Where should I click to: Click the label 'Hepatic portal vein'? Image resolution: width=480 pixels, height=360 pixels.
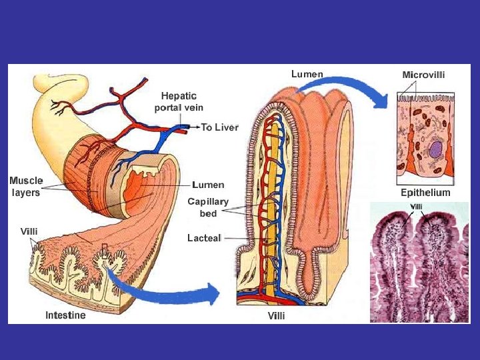click(178, 102)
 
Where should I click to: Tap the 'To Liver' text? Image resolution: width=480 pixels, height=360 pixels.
click(220, 127)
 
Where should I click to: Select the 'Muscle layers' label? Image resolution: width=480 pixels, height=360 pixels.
click(25, 187)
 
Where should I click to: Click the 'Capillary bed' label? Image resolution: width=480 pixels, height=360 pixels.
click(208, 207)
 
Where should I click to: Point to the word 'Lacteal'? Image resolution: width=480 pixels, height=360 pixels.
click(204, 238)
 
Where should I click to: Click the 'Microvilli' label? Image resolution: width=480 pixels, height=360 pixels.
click(423, 75)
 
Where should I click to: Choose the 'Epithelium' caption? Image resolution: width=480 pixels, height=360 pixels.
click(425, 193)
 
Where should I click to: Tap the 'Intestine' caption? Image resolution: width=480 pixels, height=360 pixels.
click(65, 315)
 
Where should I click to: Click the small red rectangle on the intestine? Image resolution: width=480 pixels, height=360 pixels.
click(104, 252)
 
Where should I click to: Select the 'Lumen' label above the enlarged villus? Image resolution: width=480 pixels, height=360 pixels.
click(307, 74)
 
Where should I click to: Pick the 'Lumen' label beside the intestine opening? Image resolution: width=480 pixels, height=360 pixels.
click(208, 185)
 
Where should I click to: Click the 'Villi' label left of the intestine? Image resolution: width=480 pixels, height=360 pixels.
click(29, 231)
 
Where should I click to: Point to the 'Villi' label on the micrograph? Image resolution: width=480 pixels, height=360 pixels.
click(416, 206)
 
